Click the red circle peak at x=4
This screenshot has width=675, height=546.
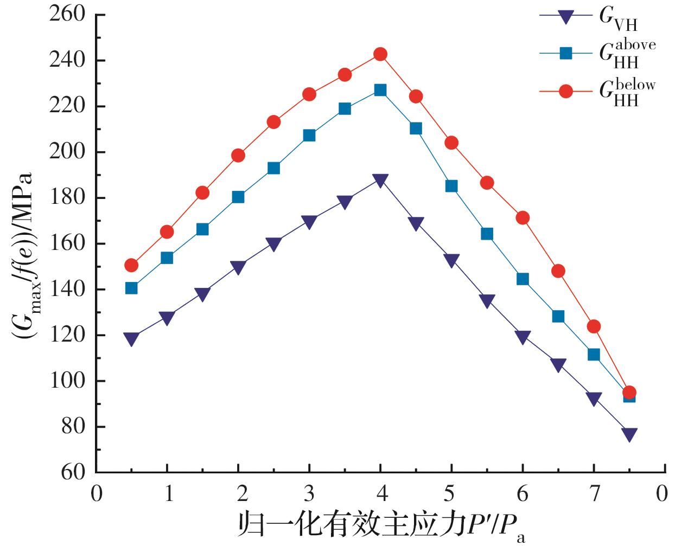click(380, 54)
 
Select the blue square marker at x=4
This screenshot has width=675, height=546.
click(380, 90)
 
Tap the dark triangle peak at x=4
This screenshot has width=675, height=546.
click(380, 181)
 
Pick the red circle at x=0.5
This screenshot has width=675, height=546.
click(131, 265)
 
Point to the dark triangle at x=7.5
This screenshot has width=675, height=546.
click(629, 434)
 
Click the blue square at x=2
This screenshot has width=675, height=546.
click(238, 197)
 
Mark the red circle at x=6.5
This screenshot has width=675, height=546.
click(558, 271)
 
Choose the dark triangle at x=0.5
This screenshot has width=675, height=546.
click(131, 339)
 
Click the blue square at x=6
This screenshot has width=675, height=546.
click(523, 279)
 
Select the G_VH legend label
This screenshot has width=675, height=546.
click(617, 19)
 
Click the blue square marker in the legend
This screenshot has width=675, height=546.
click(566, 53)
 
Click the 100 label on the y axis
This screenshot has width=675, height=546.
click(67, 381)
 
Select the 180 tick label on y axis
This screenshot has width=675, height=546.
click(67, 197)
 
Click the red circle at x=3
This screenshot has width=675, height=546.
click(309, 94)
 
